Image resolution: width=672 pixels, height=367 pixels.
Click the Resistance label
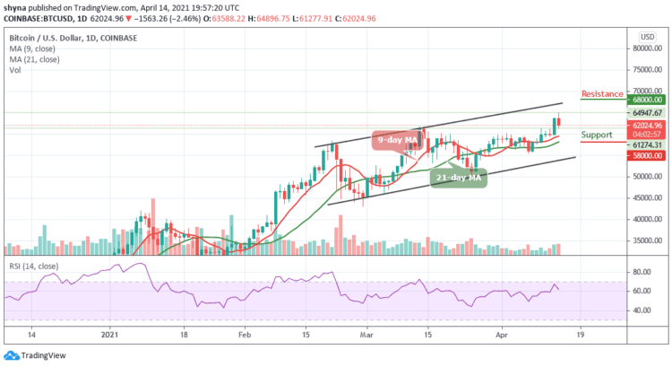tap(601, 93)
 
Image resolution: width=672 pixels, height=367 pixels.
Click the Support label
tap(597, 135)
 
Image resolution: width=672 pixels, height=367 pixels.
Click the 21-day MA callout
tap(459, 179)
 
